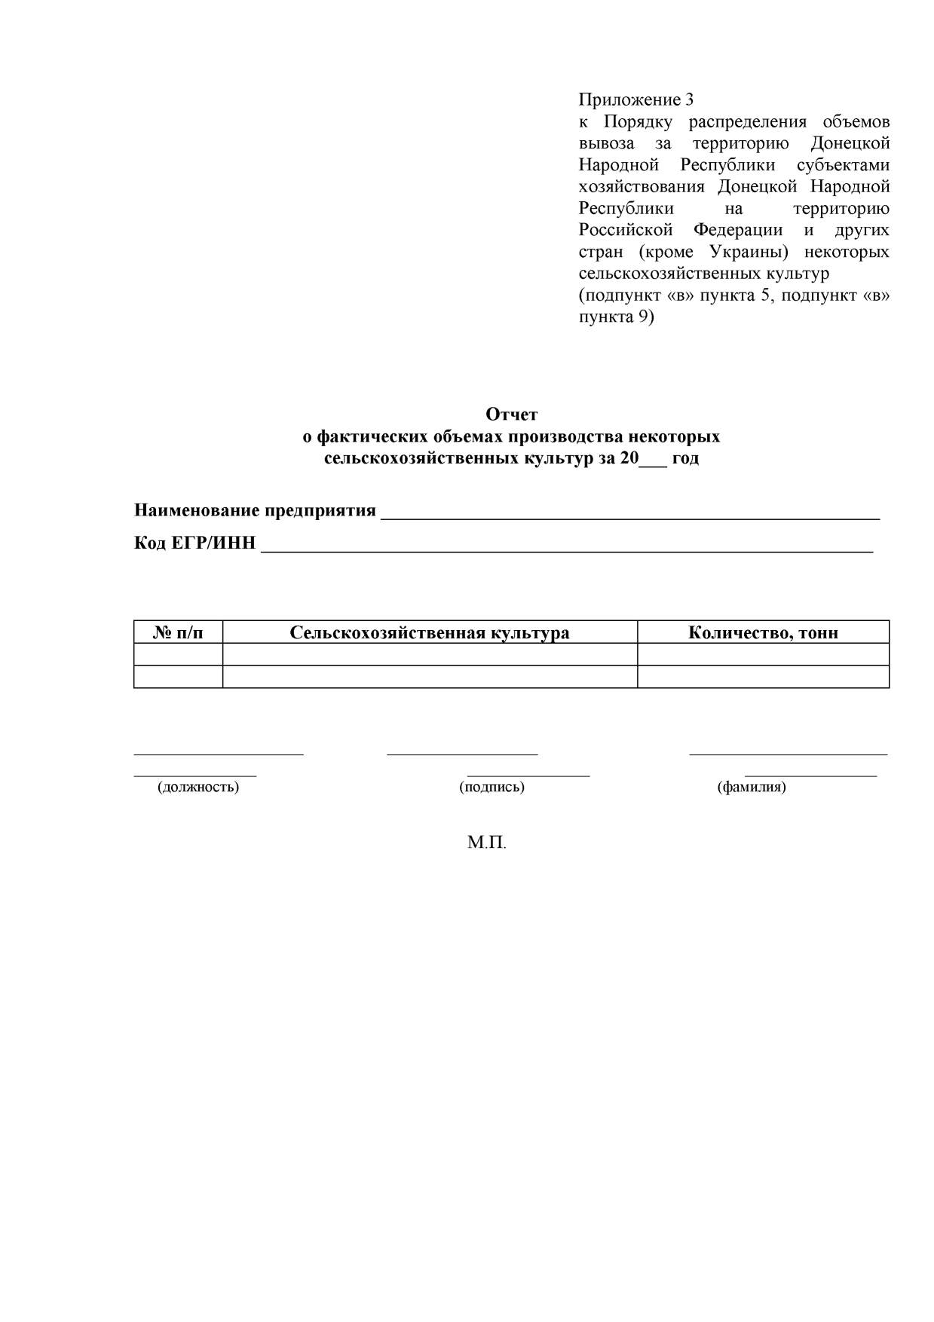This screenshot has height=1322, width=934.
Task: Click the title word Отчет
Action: (511, 415)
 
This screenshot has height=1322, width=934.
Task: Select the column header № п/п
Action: (178, 632)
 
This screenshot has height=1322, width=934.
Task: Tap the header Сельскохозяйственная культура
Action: (430, 632)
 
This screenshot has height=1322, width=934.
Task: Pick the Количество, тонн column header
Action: (763, 632)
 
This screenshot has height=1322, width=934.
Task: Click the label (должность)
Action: (198, 787)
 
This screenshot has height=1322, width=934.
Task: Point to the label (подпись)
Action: (491, 787)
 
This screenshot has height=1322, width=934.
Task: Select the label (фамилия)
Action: (751, 787)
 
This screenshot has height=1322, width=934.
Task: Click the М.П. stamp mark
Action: (486, 843)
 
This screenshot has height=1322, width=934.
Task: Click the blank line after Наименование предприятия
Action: (630, 517)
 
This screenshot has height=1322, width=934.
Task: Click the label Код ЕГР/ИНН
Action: (194, 543)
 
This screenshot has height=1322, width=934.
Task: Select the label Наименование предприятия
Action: (255, 510)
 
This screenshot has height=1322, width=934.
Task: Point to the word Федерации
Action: (738, 230)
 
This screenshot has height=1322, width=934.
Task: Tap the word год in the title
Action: (685, 458)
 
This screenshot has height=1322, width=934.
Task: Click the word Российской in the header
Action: (625, 230)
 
